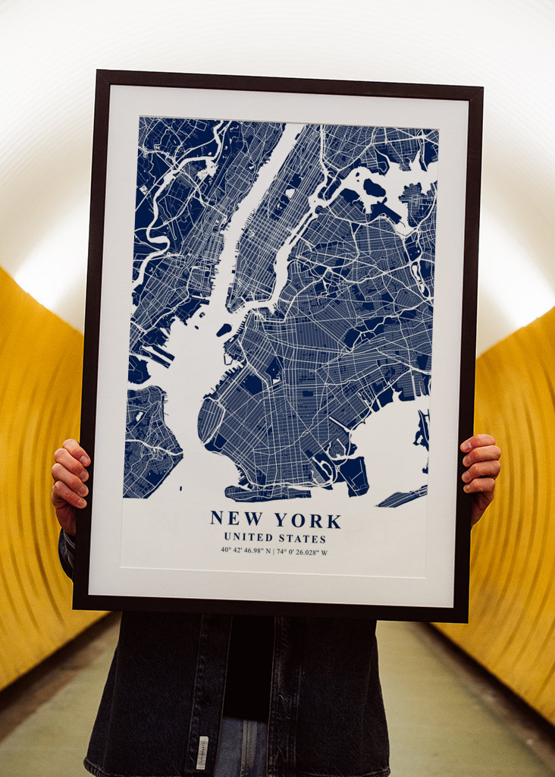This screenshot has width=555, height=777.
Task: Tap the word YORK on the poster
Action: coord(308,521)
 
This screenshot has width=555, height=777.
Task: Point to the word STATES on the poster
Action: coord(302,538)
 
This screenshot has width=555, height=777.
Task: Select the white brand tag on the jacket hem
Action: coord(202,750)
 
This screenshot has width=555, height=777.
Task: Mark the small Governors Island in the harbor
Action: coord(224,329)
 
